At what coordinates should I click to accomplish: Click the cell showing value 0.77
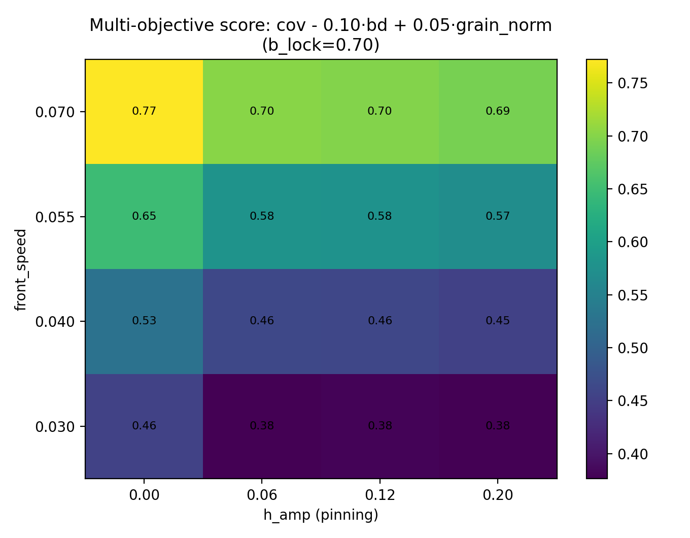[x=144, y=111]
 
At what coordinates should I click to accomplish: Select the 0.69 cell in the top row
[x=498, y=111]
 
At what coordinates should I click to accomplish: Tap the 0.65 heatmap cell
[x=144, y=216]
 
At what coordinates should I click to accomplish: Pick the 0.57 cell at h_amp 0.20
[x=498, y=216]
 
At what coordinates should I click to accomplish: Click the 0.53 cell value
[x=144, y=321]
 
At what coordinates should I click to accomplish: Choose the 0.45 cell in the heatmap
[x=498, y=321]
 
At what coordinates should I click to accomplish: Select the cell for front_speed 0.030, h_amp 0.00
[x=144, y=426]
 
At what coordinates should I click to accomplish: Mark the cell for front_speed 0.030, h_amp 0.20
[x=498, y=426]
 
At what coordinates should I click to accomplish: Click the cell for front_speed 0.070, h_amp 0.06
[x=262, y=111]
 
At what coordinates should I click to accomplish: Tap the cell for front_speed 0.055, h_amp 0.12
[x=379, y=216]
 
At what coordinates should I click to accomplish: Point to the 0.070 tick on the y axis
[x=54, y=112]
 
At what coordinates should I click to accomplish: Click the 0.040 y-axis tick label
[x=54, y=321]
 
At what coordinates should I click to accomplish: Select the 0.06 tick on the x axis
[x=262, y=495]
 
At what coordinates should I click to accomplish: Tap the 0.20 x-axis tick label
[x=498, y=495]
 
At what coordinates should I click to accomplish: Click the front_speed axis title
[x=20, y=269]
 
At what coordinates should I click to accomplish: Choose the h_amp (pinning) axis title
[x=321, y=515]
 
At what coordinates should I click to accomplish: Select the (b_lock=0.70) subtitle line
[x=321, y=45]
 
